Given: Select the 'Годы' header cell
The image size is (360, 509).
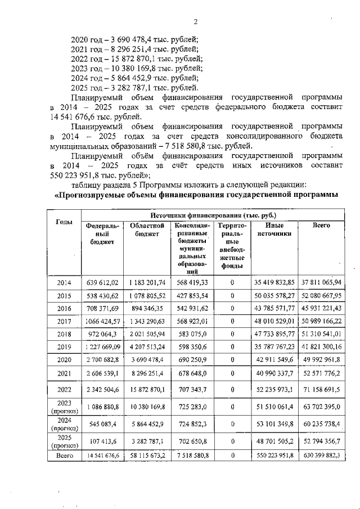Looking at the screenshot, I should [64, 222].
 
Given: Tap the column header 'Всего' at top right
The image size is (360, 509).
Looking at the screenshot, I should [321, 226].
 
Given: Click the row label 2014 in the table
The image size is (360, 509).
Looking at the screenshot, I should [64, 282].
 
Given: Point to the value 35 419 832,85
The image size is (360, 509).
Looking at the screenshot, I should [275, 282].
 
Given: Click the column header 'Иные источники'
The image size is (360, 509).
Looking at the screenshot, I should [274, 229].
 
